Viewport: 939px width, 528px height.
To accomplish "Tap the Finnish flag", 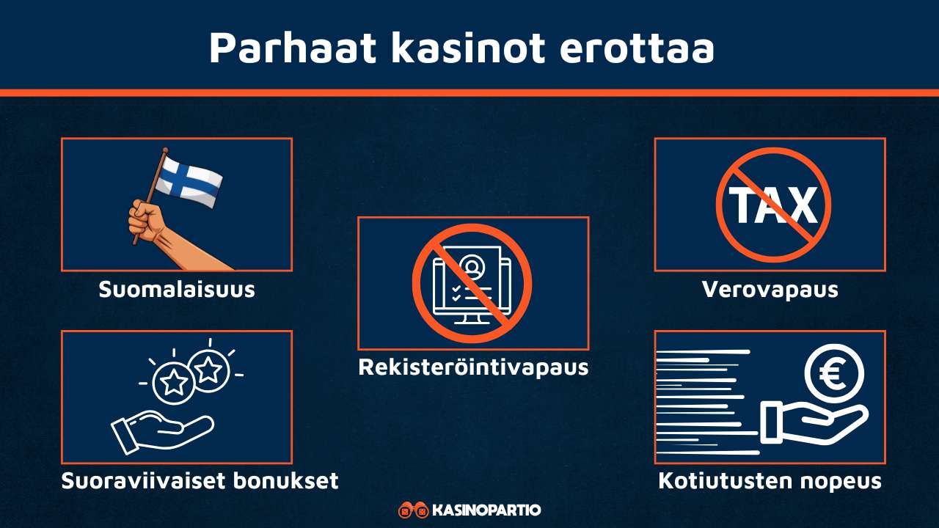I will [190, 179].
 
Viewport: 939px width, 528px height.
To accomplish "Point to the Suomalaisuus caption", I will [177, 289].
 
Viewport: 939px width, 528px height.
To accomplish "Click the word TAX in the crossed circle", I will [773, 205].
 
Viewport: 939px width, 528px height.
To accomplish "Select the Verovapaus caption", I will [770, 289].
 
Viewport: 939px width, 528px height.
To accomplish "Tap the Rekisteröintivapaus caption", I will [473, 367].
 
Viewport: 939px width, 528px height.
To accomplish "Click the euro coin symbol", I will [834, 374].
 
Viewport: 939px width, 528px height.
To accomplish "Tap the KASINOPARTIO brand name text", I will [486, 510].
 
